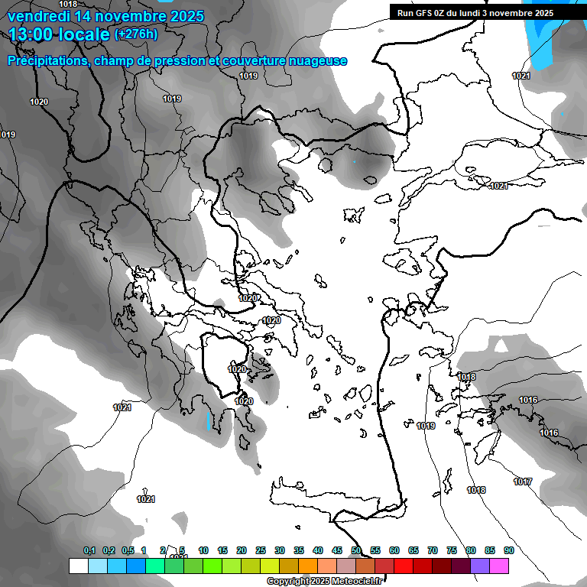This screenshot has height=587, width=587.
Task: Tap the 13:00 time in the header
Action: [x=31, y=34]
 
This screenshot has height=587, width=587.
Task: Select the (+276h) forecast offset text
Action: [x=136, y=34]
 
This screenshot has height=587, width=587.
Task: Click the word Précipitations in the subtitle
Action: [x=45, y=61]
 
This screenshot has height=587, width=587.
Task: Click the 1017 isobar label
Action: [x=523, y=482]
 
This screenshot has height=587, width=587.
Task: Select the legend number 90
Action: [x=508, y=550]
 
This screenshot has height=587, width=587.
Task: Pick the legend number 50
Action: [x=356, y=550]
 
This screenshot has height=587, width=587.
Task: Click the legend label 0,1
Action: [x=89, y=550]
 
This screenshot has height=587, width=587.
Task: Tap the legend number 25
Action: [x=261, y=550]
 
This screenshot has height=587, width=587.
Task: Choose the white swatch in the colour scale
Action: [x=78, y=566]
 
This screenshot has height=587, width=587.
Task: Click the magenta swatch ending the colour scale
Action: [x=499, y=566]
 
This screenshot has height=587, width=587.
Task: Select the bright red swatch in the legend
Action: [x=404, y=566]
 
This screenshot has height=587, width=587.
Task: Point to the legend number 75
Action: [x=452, y=550]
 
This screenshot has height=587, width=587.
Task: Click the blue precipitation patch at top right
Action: [x=544, y=34]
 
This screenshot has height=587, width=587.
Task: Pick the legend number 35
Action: [x=299, y=550]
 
